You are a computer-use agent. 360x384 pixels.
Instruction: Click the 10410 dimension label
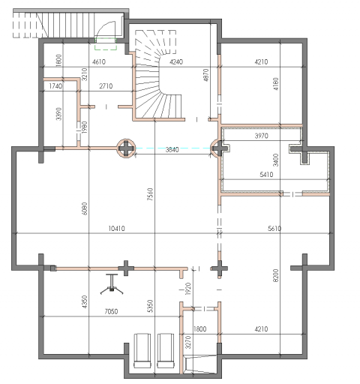(x=116, y=229)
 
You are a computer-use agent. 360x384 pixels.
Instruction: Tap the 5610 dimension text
(x=274, y=228)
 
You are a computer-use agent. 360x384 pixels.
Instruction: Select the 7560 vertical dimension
(x=150, y=194)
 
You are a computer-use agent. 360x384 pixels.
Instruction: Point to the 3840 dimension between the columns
(x=172, y=150)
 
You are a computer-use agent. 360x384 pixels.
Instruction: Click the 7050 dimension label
(x=111, y=311)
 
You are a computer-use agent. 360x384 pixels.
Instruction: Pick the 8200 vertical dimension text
(x=275, y=275)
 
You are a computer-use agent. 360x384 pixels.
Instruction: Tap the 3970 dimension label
(x=261, y=136)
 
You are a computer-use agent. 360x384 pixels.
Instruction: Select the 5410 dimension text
(x=266, y=174)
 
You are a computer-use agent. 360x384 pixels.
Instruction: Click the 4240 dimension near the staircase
(x=176, y=61)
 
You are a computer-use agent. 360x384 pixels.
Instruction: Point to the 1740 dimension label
(x=55, y=86)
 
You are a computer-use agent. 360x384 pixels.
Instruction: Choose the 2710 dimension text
(x=106, y=86)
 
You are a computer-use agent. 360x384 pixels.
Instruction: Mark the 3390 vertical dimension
(x=58, y=114)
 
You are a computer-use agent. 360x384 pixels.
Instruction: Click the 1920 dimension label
(x=188, y=289)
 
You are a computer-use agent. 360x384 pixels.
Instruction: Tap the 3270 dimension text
(x=188, y=342)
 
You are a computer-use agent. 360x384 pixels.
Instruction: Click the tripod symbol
(x=112, y=284)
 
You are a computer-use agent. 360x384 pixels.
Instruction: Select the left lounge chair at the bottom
(x=142, y=350)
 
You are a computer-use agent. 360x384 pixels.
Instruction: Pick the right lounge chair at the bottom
(x=166, y=350)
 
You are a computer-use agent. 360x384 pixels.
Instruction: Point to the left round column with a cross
(x=126, y=148)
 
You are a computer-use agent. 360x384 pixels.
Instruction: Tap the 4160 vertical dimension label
(x=275, y=84)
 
